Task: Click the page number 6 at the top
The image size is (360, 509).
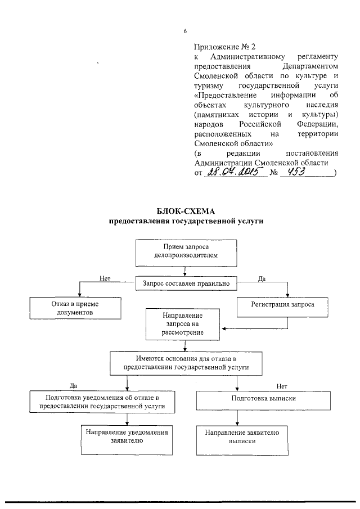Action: pos(185,30)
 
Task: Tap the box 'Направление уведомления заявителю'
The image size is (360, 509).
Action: pos(126,436)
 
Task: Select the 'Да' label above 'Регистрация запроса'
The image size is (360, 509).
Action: pos(262,278)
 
